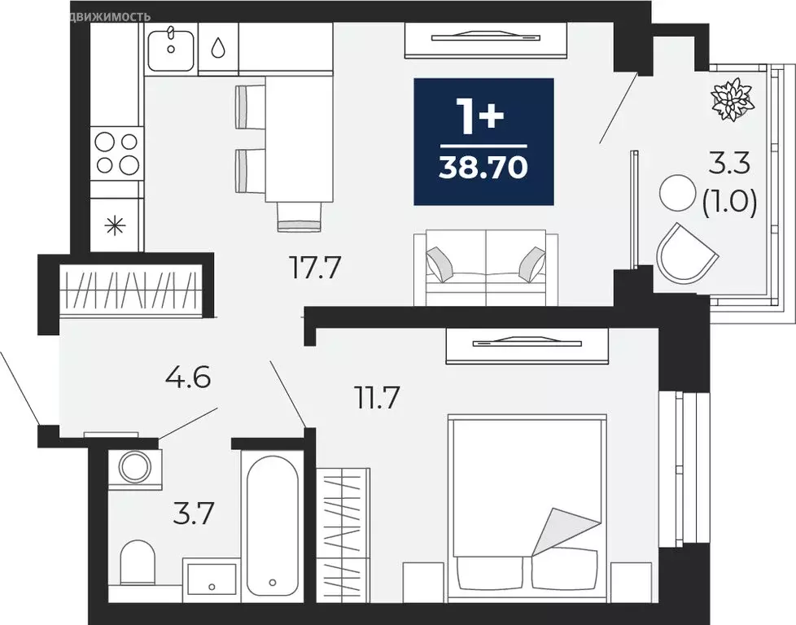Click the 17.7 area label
(x=314, y=266)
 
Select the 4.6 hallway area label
(x=187, y=378)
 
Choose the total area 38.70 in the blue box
(x=483, y=168)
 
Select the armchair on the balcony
(x=686, y=251)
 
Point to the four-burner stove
(x=116, y=153)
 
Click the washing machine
(x=133, y=467)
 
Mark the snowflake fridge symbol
(x=116, y=225)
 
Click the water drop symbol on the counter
(x=218, y=48)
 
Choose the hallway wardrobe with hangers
(x=130, y=290)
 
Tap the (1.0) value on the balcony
(x=729, y=202)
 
